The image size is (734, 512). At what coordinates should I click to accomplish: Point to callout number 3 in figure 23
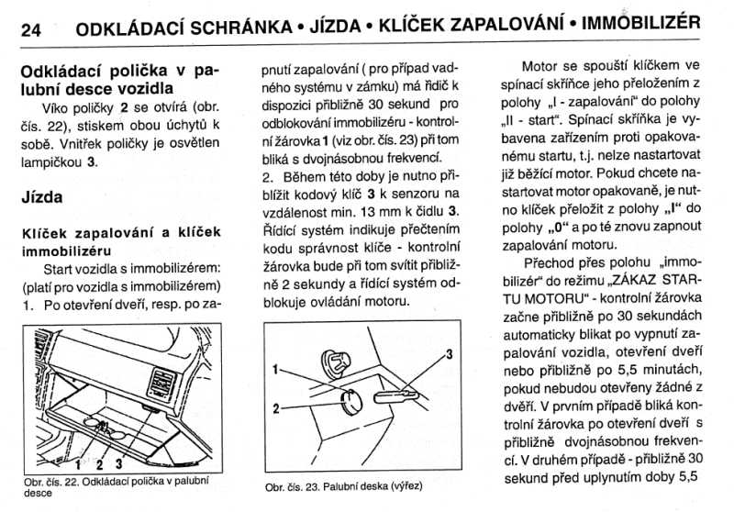pyautogui.click(x=449, y=353)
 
